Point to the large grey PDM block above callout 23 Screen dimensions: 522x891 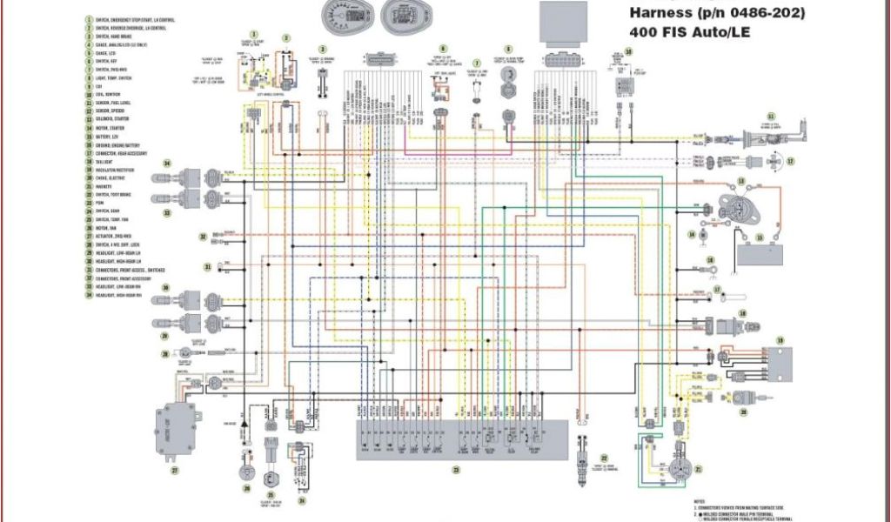(461, 438)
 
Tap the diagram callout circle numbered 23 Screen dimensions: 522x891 (455, 470)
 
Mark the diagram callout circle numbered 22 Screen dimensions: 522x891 (605, 458)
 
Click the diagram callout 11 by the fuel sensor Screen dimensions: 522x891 (770, 116)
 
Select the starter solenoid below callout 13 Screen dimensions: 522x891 (739, 209)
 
